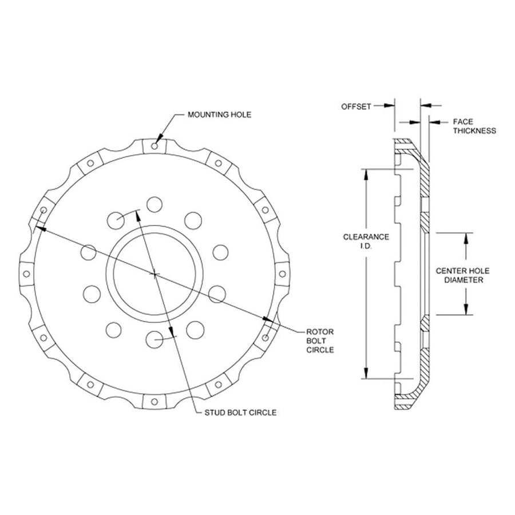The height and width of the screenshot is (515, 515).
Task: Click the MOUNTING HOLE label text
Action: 219,114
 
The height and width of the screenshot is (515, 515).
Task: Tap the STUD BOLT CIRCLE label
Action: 240,413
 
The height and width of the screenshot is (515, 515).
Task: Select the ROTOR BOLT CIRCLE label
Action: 320,341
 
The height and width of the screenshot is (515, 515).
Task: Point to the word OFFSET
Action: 356,107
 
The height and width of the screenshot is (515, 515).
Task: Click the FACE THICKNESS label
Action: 474,126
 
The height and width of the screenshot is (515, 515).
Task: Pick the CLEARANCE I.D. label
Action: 366,241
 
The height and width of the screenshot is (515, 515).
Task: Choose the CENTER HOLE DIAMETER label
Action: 462,275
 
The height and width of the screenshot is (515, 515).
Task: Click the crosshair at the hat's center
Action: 154,274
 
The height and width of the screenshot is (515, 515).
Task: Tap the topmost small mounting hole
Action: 154,146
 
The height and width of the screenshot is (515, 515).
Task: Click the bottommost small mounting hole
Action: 154,402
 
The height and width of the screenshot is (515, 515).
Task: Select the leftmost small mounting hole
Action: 26,274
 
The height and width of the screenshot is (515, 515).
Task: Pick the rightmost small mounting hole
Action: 282,274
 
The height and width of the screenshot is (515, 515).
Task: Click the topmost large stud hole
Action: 154,205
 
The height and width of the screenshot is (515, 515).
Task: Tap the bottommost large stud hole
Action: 154,339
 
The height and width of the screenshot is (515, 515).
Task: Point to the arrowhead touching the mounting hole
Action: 160,138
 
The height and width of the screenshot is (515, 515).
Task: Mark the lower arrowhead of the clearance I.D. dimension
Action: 366,373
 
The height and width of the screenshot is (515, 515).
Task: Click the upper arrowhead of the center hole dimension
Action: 465,238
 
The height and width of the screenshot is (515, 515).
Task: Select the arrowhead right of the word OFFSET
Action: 389,105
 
